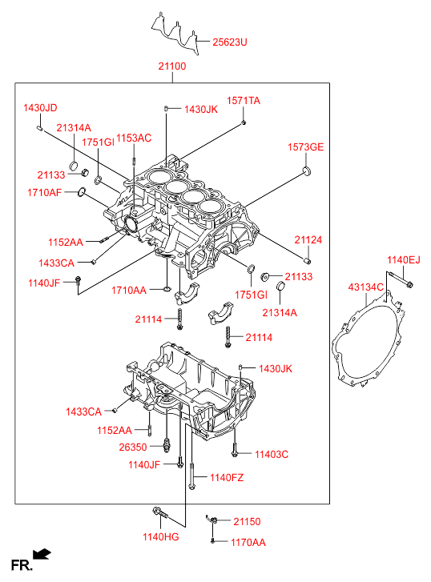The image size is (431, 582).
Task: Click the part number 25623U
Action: [230, 42]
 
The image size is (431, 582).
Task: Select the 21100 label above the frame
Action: [172, 66]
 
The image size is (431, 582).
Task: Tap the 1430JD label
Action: [40, 107]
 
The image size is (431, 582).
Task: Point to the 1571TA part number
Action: [244, 101]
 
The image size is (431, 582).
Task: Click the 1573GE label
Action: [305, 147]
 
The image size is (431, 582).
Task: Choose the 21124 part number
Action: [308, 240]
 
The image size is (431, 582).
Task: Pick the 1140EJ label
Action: [404, 260]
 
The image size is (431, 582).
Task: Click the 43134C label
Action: [365, 287]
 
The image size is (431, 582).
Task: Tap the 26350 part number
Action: [133, 447]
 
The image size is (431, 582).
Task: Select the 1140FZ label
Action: [227, 477]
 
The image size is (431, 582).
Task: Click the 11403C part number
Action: [272, 455]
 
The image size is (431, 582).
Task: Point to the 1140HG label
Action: [160, 536]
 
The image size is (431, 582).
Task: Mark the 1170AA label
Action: [248, 543]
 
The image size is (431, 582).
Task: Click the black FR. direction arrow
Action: [42, 554]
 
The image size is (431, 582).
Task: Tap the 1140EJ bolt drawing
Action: [401, 279]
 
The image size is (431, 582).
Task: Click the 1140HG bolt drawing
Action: [160, 513]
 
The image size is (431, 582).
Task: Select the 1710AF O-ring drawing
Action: [82, 192]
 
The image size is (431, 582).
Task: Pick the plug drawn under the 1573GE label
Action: [306, 171]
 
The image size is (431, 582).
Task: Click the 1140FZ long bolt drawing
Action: [191, 476]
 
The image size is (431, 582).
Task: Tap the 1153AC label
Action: [134, 138]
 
